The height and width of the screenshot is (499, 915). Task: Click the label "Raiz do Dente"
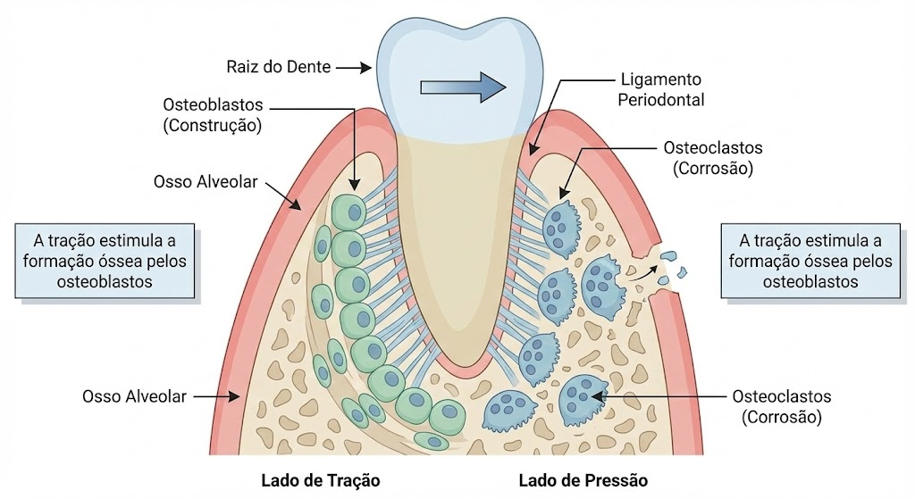click(279, 67)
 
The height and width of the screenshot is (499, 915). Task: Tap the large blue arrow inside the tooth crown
click(464, 87)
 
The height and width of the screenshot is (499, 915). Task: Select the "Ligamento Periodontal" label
click(661, 89)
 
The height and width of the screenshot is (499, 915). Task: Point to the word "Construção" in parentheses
click(213, 125)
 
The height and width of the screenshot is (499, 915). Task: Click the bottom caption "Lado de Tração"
click(321, 480)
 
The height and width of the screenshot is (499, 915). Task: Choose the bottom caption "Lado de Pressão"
click(583, 480)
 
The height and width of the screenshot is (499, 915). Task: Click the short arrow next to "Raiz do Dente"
click(354, 68)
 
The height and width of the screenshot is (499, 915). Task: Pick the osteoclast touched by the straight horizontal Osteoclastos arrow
click(579, 397)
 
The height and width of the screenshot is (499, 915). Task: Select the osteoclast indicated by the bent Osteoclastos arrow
click(560, 228)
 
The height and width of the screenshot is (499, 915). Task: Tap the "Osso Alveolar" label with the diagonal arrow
click(206, 182)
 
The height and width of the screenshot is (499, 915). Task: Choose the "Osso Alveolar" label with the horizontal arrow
click(134, 396)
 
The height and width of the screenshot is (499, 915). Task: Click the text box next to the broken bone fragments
click(810, 261)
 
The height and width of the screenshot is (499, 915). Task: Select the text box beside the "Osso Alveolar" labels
click(105, 261)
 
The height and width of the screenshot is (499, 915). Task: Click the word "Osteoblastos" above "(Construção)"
click(213, 105)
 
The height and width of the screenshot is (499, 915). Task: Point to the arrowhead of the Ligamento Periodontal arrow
click(533, 149)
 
